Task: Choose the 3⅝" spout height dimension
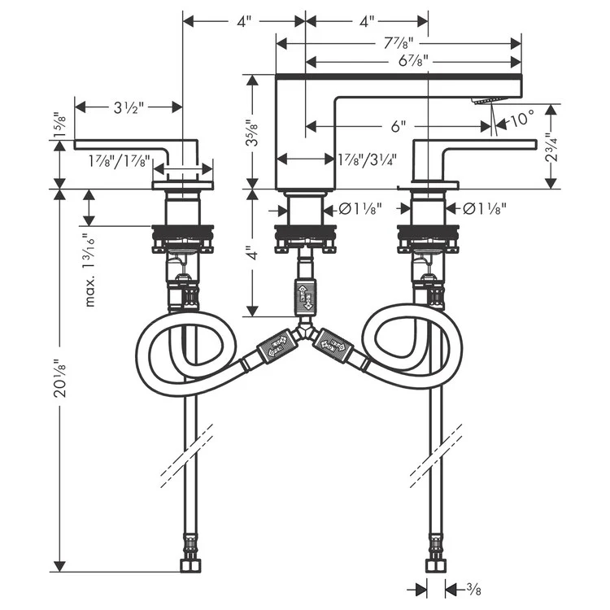[x=255, y=132]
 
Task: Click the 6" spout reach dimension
[x=398, y=126]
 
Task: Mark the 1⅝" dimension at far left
[x=58, y=126]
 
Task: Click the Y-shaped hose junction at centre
[x=305, y=331]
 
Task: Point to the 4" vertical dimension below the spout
[x=255, y=255]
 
